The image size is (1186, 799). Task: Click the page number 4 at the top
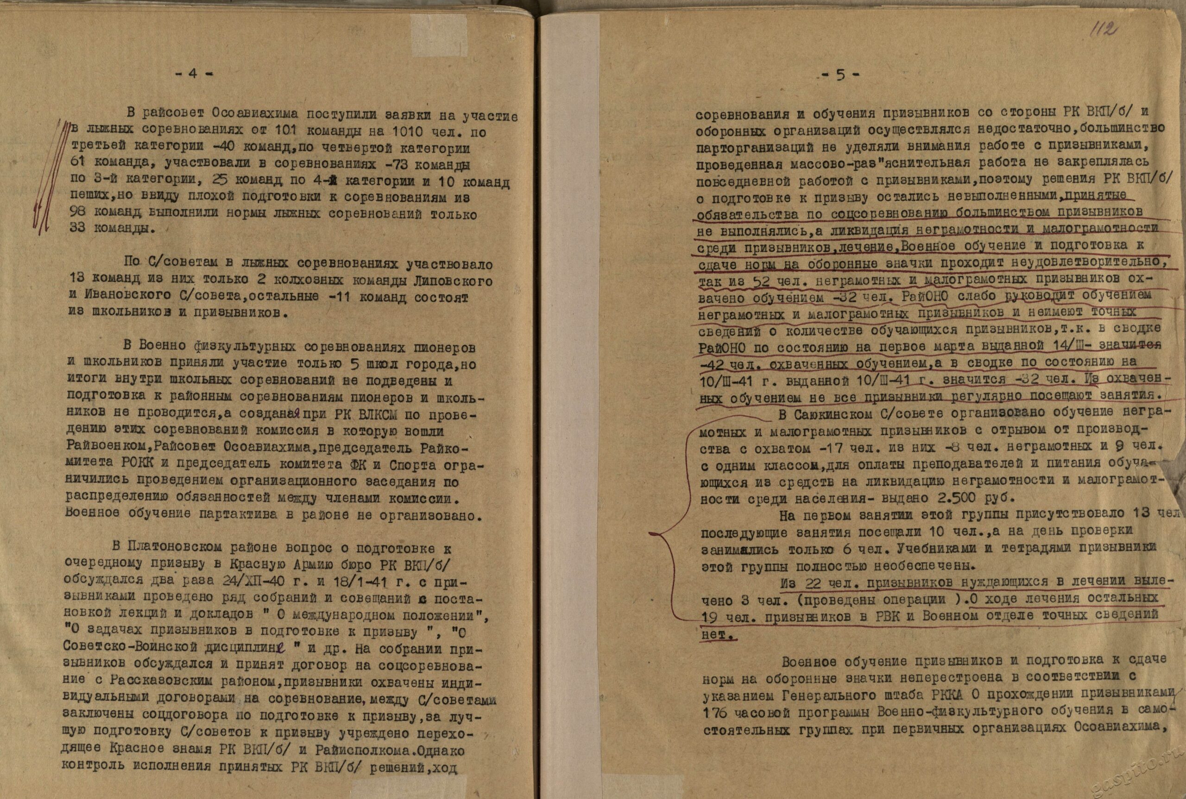point(193,73)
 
